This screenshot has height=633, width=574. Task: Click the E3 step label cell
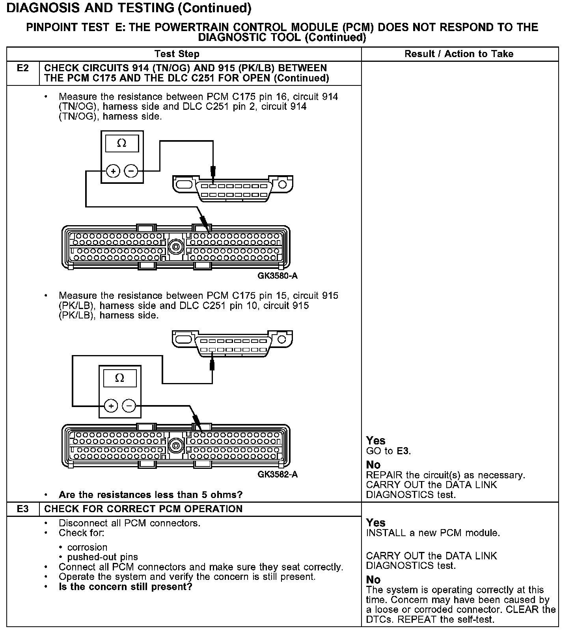point(23,509)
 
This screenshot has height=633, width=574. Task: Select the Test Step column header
point(177,54)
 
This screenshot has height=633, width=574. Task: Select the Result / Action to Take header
point(459,54)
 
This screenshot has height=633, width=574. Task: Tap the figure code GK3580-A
point(278,276)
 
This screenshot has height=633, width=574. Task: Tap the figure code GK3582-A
point(278,474)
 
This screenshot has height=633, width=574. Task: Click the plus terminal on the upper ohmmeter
point(113,171)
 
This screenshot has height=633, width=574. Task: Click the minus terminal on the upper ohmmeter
point(131,171)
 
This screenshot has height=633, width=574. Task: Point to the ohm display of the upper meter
point(122,144)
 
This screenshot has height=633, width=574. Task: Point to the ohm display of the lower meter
point(119,378)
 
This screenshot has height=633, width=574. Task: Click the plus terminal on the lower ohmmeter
point(111,406)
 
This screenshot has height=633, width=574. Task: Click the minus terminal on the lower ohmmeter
point(129,406)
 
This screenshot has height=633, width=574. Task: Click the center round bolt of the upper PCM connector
point(175,248)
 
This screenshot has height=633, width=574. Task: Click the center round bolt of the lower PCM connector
point(175,446)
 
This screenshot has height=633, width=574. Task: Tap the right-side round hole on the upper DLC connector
point(282,184)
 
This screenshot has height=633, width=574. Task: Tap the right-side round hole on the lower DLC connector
point(282,339)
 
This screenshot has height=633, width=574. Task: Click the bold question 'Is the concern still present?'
point(125,587)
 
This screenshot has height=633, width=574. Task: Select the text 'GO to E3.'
point(388,451)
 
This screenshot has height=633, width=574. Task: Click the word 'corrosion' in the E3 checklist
point(87,548)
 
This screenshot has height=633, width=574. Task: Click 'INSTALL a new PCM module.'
point(432,533)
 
